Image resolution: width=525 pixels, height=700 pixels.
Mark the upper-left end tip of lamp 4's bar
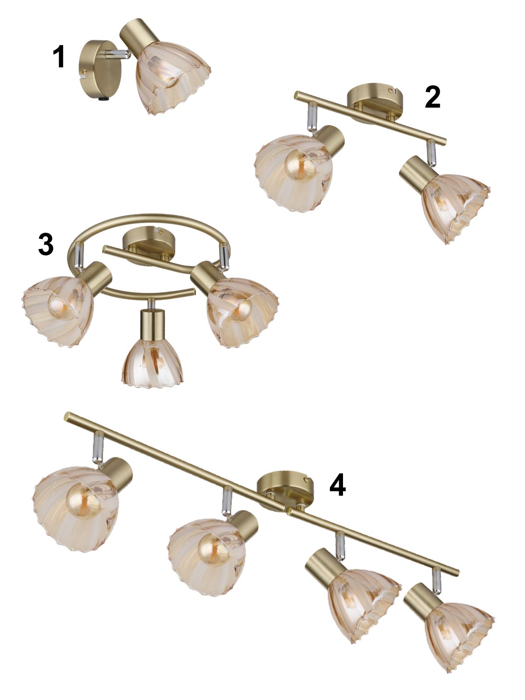tap(66, 417)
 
